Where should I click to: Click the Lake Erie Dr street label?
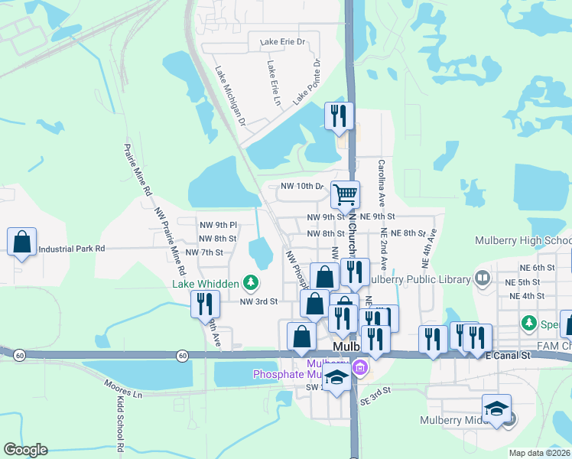[282, 41]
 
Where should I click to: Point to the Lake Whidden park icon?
[249, 284]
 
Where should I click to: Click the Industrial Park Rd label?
[71, 249]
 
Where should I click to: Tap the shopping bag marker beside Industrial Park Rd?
[22, 242]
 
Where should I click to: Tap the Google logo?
[25, 450]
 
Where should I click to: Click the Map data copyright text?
[540, 453]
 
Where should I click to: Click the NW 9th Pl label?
[219, 225]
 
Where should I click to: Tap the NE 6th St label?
[535, 267]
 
